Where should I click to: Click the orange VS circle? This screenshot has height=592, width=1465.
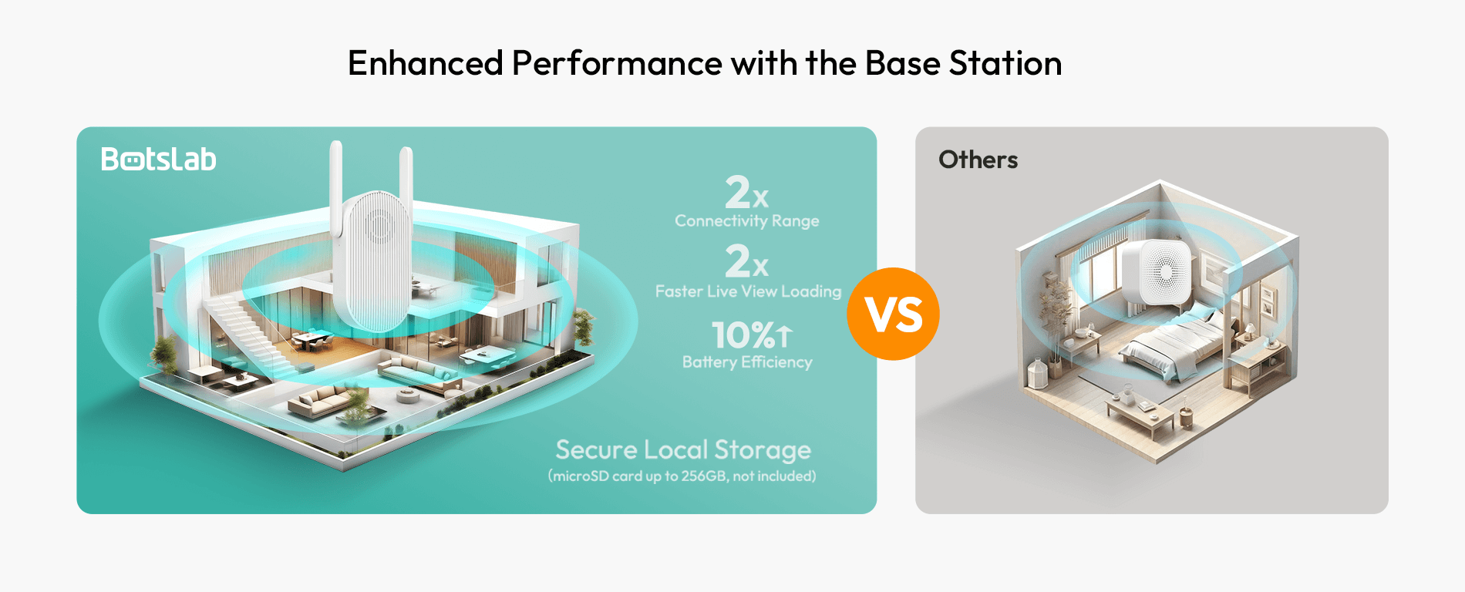(x=893, y=314)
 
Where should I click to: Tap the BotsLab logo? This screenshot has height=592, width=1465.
(x=159, y=159)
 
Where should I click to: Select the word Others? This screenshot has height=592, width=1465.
(x=978, y=160)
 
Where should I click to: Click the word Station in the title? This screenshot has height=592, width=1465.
(x=1005, y=63)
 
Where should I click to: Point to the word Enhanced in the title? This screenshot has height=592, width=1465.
(x=426, y=63)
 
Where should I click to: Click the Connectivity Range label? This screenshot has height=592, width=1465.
(x=747, y=221)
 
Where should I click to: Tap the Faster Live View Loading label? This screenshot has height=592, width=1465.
(x=748, y=291)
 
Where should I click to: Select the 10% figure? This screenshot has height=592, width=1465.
(x=743, y=335)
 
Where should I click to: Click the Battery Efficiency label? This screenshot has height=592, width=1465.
(x=747, y=362)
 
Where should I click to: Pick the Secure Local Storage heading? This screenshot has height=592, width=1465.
(x=683, y=449)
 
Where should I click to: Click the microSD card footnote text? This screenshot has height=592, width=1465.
(x=682, y=476)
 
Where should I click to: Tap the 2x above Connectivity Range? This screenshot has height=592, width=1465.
(x=746, y=192)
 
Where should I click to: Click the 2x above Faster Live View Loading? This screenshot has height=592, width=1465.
(x=746, y=261)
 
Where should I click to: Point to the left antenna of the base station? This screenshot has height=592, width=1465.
(x=336, y=189)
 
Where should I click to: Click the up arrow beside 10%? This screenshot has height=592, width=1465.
(x=784, y=336)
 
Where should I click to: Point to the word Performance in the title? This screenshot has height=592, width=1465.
(x=617, y=63)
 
